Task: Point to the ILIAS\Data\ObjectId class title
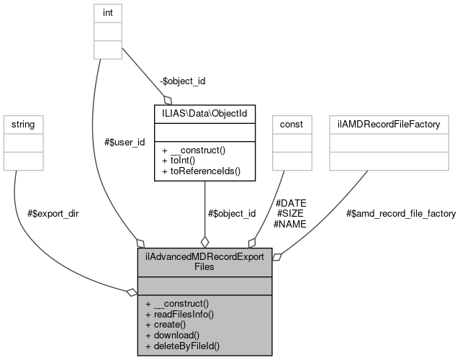click(204, 113)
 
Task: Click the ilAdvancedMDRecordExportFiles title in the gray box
click(204, 262)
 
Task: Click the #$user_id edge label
click(124, 142)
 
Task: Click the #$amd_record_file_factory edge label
click(401, 214)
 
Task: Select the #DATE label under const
click(291, 203)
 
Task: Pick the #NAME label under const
click(290, 224)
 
